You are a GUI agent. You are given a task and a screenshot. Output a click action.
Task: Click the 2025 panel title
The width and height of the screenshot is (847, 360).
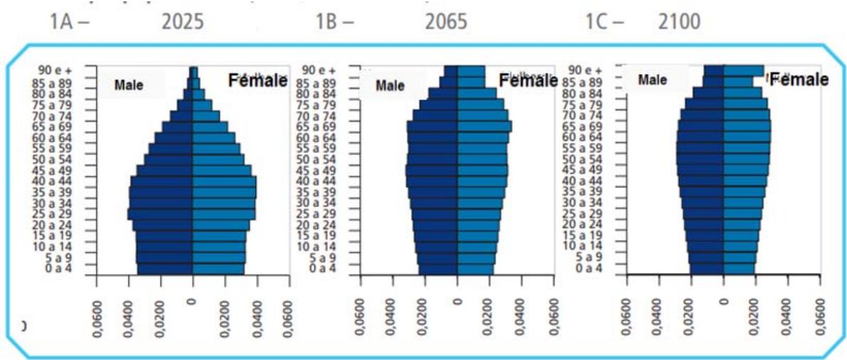183,21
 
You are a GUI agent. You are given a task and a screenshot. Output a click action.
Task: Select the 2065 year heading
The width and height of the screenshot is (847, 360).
446,21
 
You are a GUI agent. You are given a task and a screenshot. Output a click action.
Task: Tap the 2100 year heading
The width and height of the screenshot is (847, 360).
679,21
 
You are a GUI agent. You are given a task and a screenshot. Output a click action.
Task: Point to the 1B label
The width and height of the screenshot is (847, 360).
334,21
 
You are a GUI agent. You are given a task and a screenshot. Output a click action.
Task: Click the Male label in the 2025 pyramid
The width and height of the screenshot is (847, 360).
129,85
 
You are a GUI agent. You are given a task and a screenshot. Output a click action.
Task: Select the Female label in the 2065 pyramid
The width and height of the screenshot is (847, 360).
528,81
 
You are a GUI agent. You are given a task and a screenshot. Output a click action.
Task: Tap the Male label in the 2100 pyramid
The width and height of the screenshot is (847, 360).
652,80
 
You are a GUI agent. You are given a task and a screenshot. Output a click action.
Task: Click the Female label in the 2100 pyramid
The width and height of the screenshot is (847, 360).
799,80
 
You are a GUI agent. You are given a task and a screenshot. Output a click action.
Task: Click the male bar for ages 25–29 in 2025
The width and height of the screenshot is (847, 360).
160,214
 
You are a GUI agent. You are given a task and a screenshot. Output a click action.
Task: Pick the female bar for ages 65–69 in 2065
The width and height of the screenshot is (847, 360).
484,127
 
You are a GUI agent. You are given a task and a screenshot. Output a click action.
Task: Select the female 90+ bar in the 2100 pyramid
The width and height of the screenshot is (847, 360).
744,70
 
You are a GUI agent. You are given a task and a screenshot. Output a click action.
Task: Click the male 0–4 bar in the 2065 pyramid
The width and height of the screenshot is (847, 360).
438,268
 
